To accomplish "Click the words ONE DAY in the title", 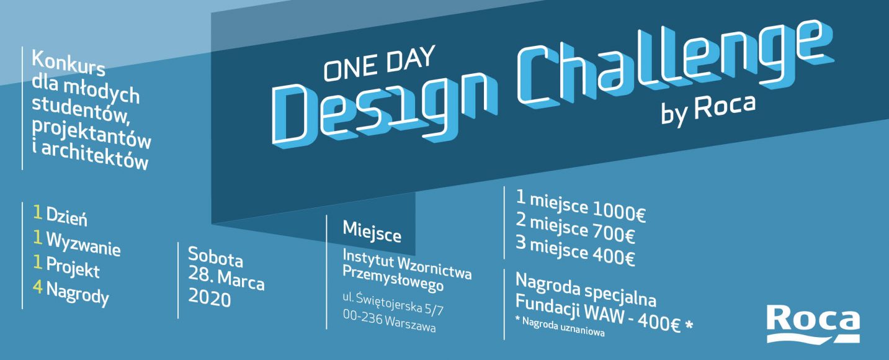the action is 380,63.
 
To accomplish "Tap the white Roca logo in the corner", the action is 813,324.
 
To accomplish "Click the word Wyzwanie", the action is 83,243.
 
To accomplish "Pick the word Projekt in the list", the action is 73,268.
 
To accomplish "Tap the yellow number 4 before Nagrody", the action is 38,287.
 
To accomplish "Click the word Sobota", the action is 215,257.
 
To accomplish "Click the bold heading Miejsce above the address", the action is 372,232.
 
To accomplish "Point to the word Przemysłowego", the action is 393,279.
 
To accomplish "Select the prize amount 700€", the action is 614,234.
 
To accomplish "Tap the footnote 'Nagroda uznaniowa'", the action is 563,326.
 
